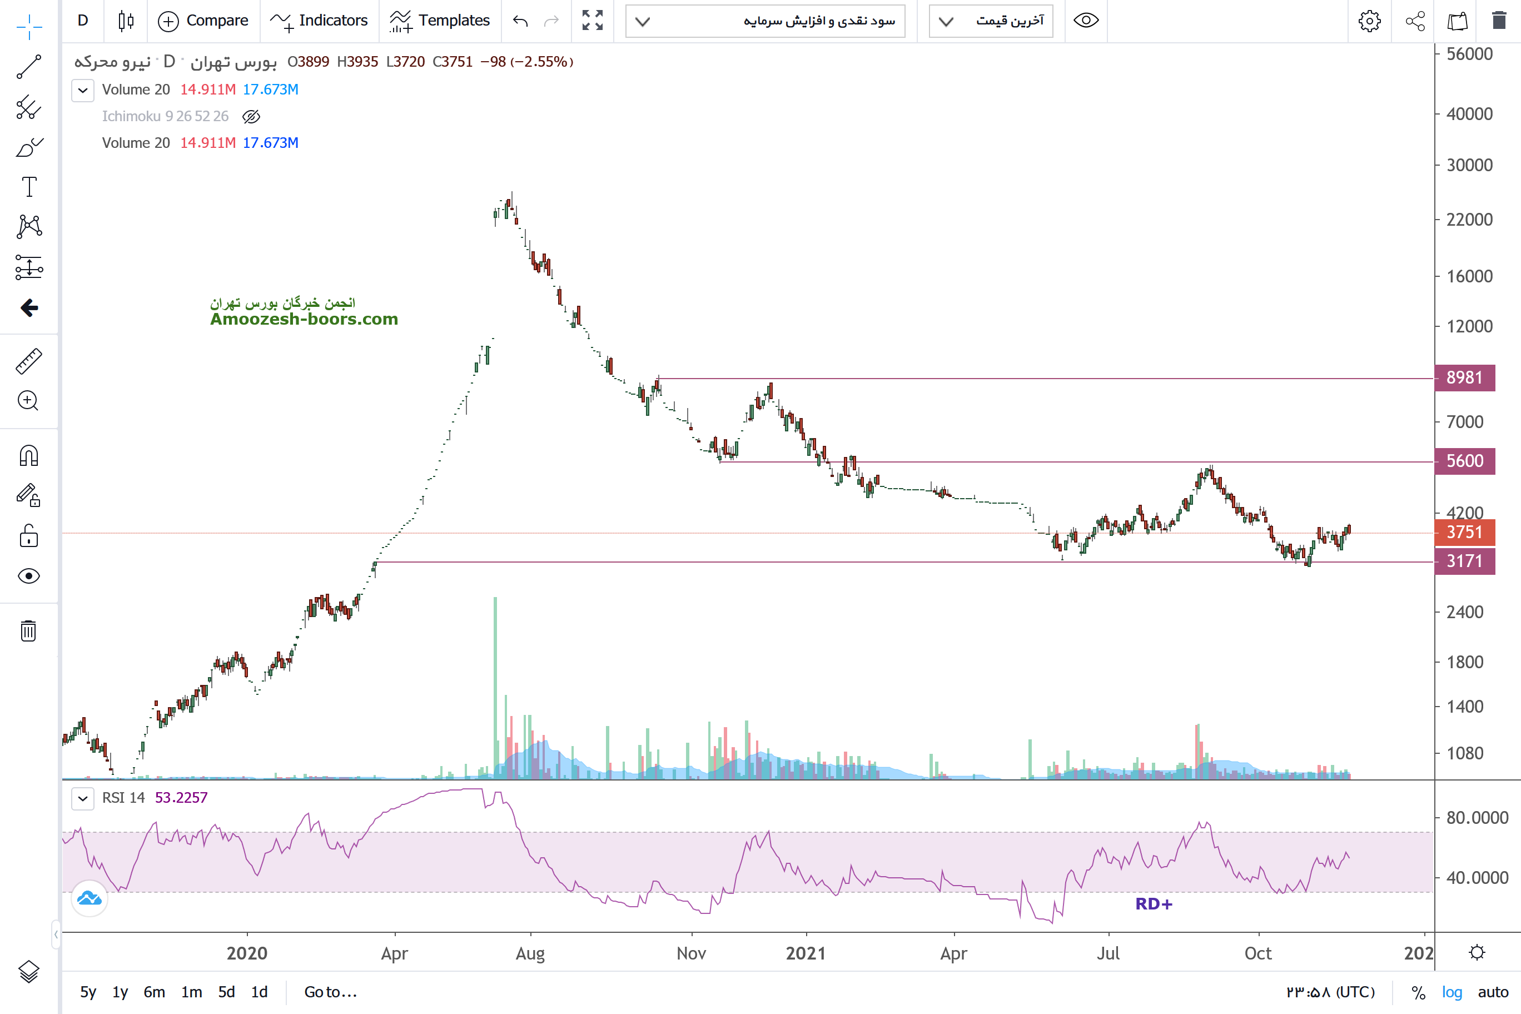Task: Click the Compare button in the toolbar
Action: point(203,21)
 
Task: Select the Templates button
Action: point(440,21)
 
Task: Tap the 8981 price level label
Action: point(1464,377)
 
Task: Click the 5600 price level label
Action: point(1464,461)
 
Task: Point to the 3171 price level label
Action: point(1464,561)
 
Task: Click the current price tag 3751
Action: point(1464,532)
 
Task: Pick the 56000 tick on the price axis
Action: point(1469,54)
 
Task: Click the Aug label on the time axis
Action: point(530,953)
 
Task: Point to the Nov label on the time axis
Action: point(690,953)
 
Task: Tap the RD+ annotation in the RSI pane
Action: point(1154,904)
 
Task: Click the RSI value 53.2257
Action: point(181,797)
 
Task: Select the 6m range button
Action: point(154,992)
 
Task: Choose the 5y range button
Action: point(88,992)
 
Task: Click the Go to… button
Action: point(330,992)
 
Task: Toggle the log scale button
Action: point(1452,992)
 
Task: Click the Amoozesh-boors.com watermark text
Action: point(304,319)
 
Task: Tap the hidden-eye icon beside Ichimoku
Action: point(251,116)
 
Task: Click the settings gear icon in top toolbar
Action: point(1369,21)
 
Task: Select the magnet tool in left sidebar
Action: point(29,456)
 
